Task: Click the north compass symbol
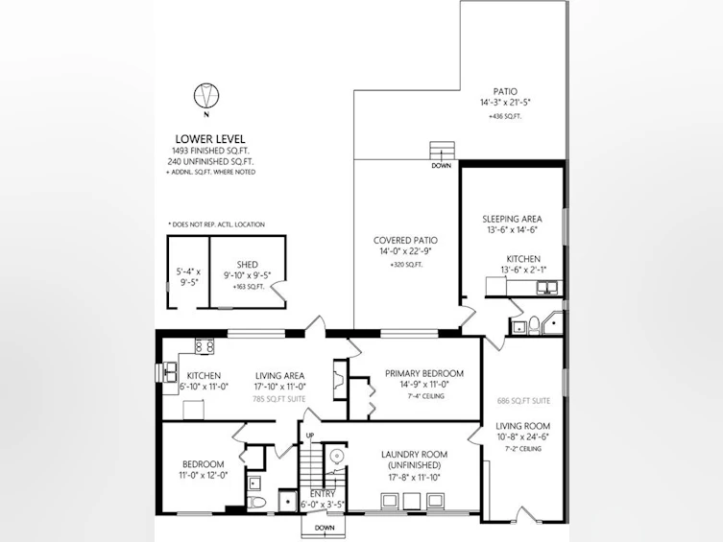point(206,96)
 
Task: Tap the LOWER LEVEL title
point(210,139)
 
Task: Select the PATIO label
point(505,92)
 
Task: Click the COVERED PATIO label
point(405,241)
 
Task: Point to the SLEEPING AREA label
point(513,219)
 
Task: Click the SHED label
point(248,265)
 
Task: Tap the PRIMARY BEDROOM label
point(424,373)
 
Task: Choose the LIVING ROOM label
point(523,426)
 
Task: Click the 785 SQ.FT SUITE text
point(279,399)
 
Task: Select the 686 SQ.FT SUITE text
point(524,401)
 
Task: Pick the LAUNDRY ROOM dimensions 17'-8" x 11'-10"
point(414,478)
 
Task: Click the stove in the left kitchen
point(205,346)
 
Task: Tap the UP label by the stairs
point(310,436)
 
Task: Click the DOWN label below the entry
point(325,528)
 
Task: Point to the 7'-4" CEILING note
point(426,396)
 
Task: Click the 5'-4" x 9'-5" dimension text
point(188,277)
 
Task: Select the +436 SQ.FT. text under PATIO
point(505,116)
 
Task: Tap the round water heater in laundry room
point(337,457)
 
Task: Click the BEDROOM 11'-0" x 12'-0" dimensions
point(204,475)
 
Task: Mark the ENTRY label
point(323,494)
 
